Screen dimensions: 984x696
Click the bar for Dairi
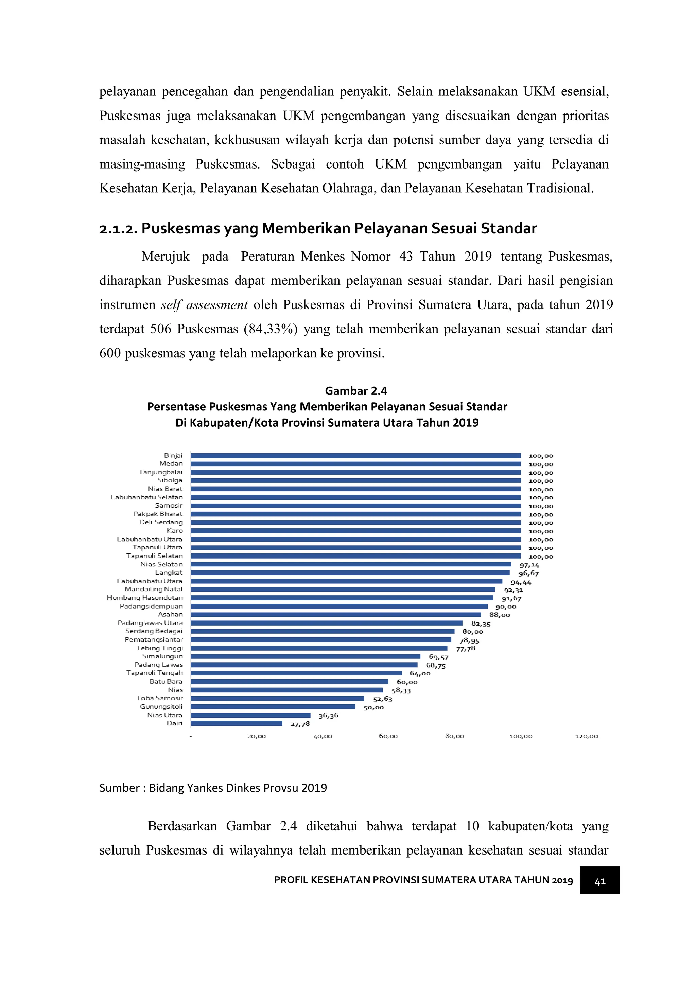coord(236,723)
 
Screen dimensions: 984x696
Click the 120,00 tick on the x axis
coord(586,736)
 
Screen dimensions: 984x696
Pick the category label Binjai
coord(173,455)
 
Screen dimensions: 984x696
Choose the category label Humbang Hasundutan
coord(145,597)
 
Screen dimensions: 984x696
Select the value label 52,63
coord(382,699)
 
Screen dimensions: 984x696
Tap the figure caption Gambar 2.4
coord(356,391)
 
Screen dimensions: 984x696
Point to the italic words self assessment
coord(204,305)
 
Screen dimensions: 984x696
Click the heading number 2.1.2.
coord(118,229)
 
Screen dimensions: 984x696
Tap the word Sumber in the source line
coord(120,788)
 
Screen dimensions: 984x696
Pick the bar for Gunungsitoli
coord(273,707)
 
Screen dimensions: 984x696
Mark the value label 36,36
coord(328,716)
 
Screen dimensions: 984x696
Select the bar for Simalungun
coord(305,656)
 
